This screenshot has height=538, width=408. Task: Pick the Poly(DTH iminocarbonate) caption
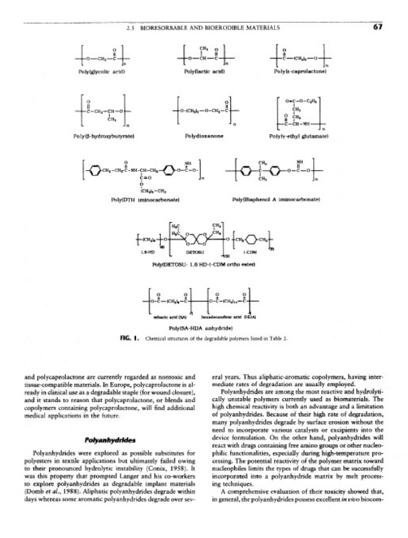[x=139, y=200]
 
